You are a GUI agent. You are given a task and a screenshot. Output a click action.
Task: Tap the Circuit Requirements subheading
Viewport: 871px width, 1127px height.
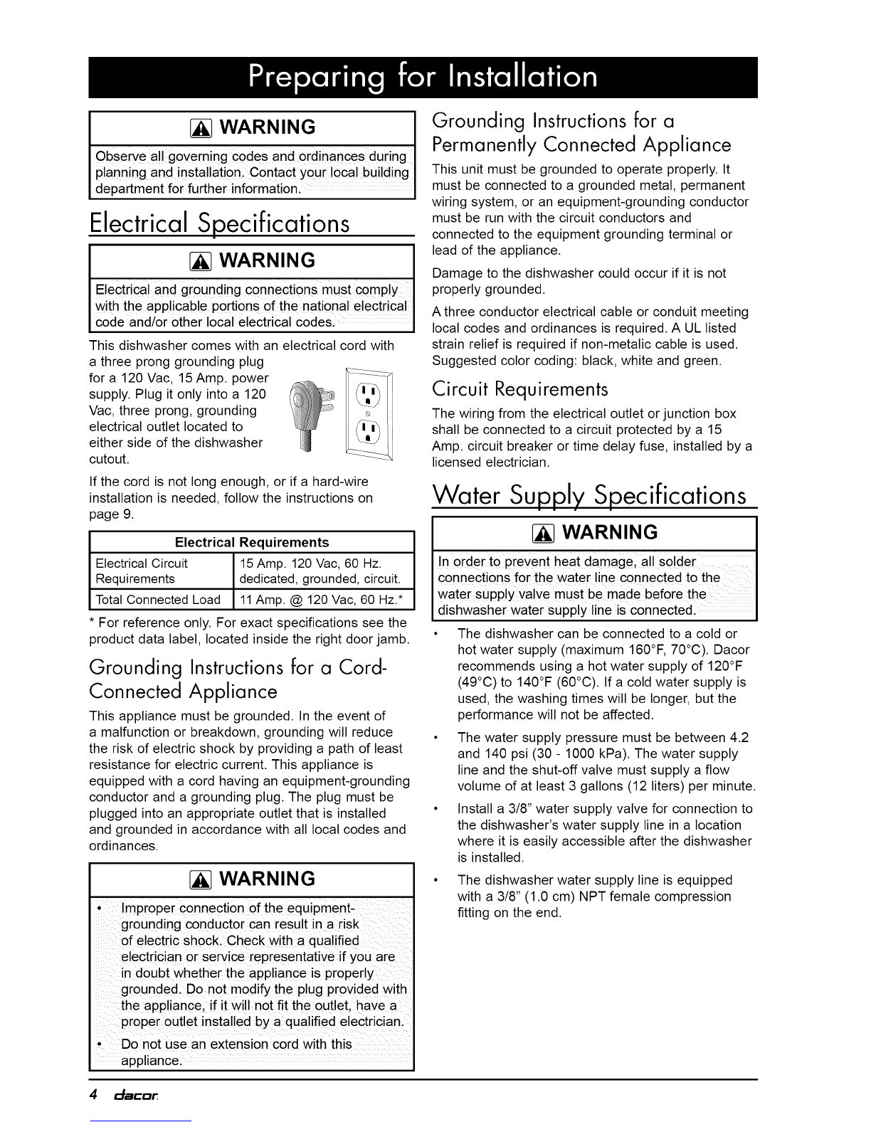pyautogui.click(x=521, y=389)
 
